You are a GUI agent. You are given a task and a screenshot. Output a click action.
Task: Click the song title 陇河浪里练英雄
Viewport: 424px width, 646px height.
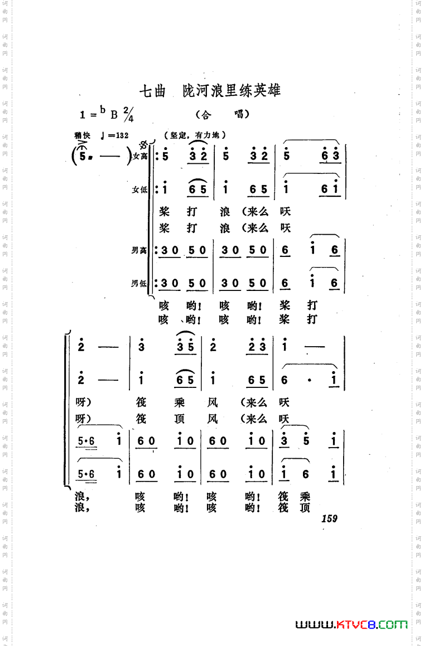coord(232,90)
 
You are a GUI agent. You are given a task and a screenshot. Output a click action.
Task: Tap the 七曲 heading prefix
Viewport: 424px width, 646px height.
coord(152,91)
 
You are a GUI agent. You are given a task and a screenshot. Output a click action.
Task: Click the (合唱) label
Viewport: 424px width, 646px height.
coord(222,114)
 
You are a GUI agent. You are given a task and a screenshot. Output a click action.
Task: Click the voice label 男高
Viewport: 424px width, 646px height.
coord(139,251)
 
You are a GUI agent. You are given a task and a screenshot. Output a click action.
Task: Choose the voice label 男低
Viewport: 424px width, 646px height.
coord(139,283)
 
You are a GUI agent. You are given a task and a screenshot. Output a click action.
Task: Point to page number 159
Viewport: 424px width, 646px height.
coord(329,518)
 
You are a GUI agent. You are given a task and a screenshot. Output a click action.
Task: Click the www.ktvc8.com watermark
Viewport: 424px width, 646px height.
coord(351,625)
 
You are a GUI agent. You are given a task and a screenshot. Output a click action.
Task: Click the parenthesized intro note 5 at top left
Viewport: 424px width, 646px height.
coord(83,157)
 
